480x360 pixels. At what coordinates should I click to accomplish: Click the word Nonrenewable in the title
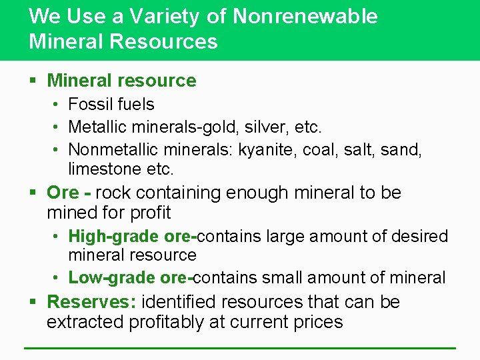(x=305, y=16)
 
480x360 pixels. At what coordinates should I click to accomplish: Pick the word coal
(x=321, y=149)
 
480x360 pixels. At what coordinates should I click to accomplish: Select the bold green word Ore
(x=63, y=193)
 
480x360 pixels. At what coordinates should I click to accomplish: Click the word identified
(x=180, y=302)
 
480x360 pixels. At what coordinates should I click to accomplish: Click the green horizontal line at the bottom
(x=240, y=347)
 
